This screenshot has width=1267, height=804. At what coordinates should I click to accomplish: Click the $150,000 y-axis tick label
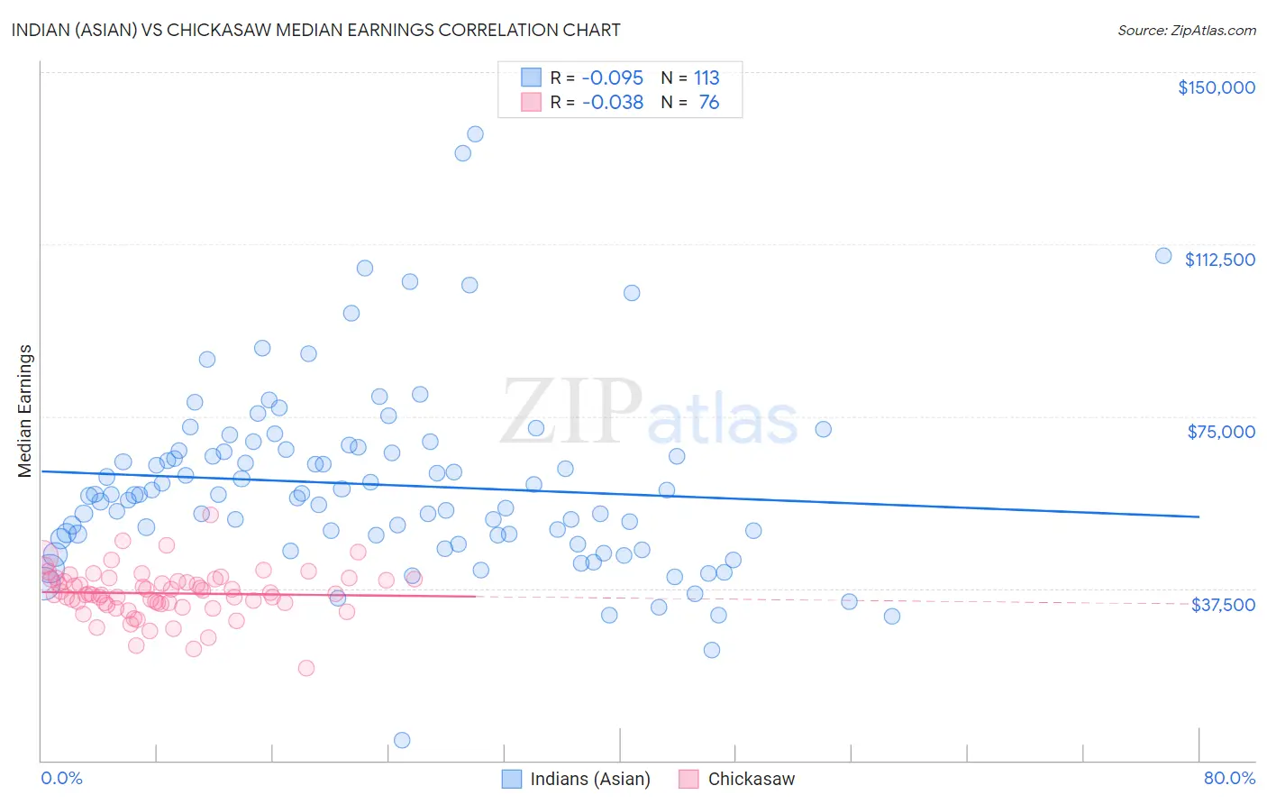click(x=1216, y=87)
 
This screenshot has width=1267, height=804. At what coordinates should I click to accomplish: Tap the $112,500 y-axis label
click(x=1219, y=260)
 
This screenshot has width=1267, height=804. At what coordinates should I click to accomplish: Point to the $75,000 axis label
click(x=1221, y=432)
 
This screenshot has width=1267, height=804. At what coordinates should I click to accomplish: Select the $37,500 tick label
click(x=1223, y=605)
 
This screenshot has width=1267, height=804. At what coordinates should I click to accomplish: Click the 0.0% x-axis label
click(x=61, y=779)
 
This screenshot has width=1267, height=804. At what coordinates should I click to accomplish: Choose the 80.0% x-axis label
click(x=1229, y=779)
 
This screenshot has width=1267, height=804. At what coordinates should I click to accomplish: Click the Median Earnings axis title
click(x=25, y=410)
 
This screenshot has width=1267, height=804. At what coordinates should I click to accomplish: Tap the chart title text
click(x=315, y=30)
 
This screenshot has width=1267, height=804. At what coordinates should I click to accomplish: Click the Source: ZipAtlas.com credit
click(x=1186, y=31)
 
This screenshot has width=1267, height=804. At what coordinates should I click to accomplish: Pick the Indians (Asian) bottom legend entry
click(x=577, y=779)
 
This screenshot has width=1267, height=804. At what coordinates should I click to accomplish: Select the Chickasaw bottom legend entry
click(x=738, y=779)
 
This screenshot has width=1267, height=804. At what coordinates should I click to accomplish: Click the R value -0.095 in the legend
click(x=613, y=78)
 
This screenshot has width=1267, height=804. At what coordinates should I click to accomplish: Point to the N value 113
click(x=706, y=78)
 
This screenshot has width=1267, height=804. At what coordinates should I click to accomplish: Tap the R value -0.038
click(x=613, y=103)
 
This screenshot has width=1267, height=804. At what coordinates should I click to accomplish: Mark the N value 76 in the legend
click(x=709, y=103)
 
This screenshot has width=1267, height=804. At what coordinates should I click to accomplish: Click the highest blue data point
click(x=475, y=134)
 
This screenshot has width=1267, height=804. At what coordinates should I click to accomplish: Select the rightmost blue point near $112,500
click(x=1163, y=256)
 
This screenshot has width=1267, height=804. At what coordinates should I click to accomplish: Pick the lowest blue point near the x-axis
click(x=402, y=740)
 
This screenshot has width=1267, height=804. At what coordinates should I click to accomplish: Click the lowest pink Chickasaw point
click(x=306, y=668)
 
